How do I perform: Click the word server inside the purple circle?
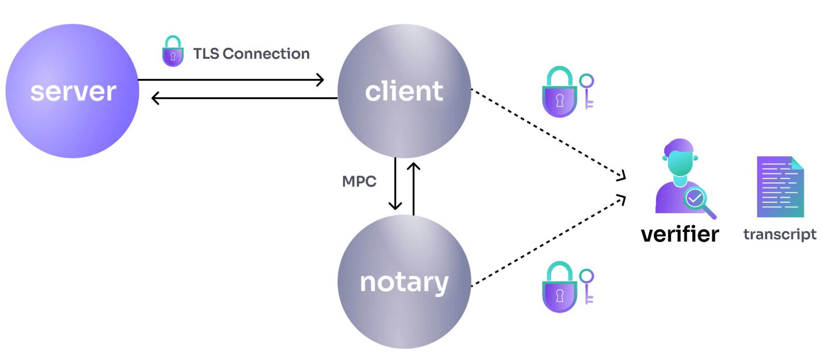tap(73, 92)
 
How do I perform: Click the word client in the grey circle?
tap(404, 91)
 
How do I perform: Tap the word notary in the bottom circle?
tap(404, 282)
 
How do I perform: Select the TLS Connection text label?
tap(251, 54)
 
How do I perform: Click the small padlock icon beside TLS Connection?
tap(173, 51)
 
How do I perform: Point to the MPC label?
tap(359, 181)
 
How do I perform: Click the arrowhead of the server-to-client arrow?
tap(321, 80)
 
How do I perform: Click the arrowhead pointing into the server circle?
tap(155, 98)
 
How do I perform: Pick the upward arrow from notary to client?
tap(413, 187)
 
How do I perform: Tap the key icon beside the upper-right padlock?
tap(587, 91)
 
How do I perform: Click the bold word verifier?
tap(680, 234)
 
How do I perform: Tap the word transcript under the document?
tap(779, 234)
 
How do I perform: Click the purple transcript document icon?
tap(780, 187)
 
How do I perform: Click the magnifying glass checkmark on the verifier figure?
tap(695, 198)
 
